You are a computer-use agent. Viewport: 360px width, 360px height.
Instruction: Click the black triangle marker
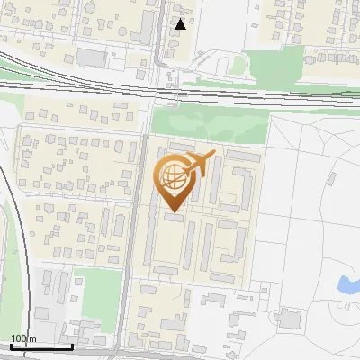coord(181,24)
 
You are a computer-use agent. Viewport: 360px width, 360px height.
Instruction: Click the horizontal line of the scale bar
coord(40,346)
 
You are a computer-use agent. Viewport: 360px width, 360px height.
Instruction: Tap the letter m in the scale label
coord(33,338)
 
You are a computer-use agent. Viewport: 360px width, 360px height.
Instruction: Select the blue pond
coord(345,285)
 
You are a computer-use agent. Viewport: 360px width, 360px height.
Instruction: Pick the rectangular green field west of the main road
coord(90,285)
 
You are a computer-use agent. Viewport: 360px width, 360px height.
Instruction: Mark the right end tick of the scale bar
coord(73,345)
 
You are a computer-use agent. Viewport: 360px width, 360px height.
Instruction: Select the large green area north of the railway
coord(279,65)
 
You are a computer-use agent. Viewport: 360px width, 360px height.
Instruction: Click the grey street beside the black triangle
coord(168,36)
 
